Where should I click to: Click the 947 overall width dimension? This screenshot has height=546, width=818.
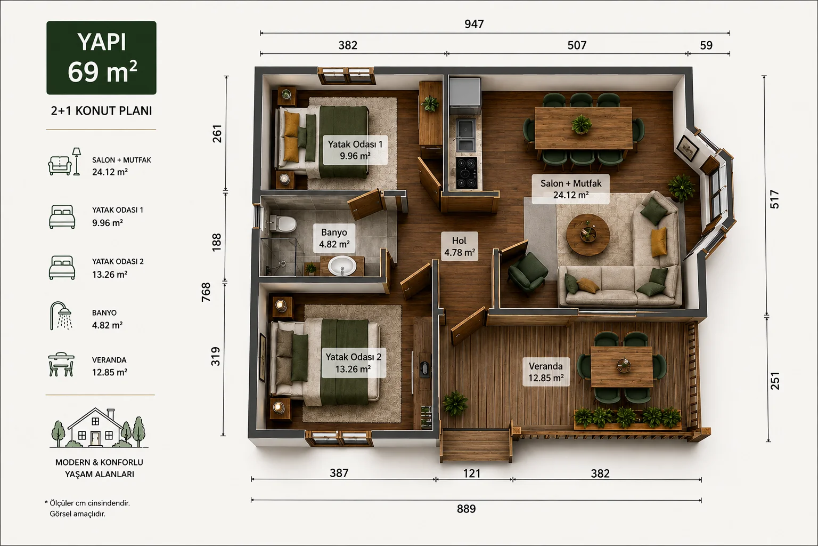[474, 24]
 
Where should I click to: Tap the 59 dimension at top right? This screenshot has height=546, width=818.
[706, 45]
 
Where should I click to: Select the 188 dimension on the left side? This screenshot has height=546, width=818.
[217, 242]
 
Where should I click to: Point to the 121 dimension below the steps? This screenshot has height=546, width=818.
[472, 473]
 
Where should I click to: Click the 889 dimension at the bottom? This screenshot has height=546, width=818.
[467, 509]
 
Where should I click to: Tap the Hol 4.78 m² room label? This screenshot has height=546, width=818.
[460, 246]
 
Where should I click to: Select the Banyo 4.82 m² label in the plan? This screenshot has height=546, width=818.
[334, 238]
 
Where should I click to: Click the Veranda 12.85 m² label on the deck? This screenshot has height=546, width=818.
[546, 372]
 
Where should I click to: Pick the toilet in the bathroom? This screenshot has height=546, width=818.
[283, 223]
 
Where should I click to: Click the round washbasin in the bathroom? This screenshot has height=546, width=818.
[342, 266]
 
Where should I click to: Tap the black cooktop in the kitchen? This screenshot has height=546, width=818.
[467, 173]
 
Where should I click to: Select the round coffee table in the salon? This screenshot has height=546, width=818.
[588, 235]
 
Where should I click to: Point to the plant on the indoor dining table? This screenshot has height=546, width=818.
[582, 124]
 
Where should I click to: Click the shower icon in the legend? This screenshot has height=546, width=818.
[61, 316]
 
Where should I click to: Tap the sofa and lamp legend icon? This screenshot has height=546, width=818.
[64, 162]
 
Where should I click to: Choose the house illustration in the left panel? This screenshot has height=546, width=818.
[99, 428]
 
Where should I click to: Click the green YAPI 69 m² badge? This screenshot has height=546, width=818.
[102, 58]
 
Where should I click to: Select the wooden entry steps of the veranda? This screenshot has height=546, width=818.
[476, 446]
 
